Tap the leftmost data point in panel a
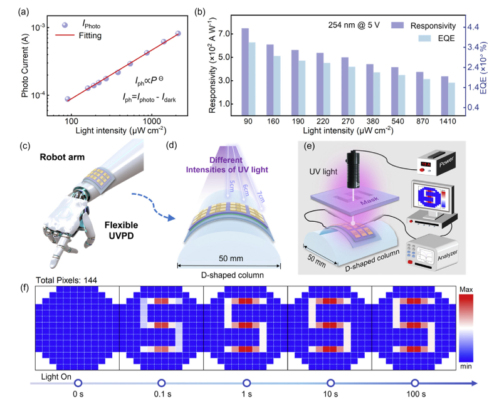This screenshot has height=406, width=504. [68, 99]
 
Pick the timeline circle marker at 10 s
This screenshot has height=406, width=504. [330, 382]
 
